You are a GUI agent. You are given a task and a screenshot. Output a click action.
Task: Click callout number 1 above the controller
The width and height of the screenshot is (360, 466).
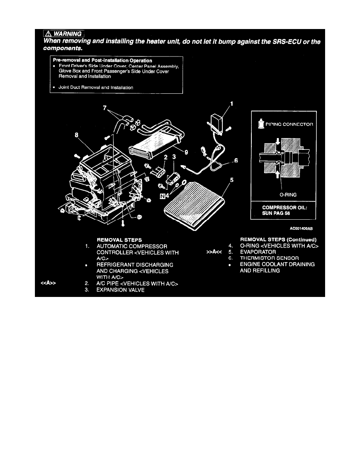tap(231, 104)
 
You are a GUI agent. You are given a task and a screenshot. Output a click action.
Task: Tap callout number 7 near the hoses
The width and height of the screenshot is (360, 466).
tap(104, 107)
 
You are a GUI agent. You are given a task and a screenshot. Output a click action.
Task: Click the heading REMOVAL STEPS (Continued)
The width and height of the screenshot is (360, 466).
tap(278, 239)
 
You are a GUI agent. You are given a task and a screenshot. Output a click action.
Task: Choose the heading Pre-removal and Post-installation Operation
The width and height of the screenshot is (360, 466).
tap(103, 60)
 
